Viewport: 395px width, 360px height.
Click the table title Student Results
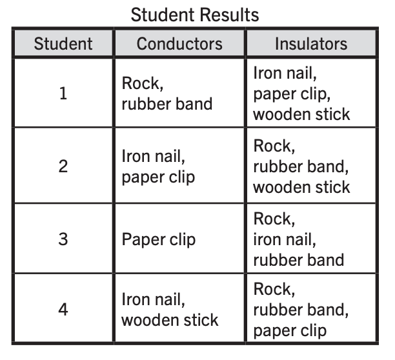coord(195,15)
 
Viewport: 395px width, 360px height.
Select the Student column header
coord(63,44)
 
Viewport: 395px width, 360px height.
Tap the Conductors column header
coord(179,44)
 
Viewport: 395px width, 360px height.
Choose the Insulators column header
coord(311,44)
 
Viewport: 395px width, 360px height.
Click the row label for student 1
coord(63,94)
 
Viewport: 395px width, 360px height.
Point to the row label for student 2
coord(63,166)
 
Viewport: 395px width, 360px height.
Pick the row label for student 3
coord(63,239)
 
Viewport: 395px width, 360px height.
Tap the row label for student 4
coord(63,309)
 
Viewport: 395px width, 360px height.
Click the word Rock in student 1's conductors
coord(141,83)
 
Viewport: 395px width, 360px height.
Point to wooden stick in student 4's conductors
coord(170,320)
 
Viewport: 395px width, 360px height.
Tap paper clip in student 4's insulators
coord(290,331)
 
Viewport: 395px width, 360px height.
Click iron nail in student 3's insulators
coord(285,239)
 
